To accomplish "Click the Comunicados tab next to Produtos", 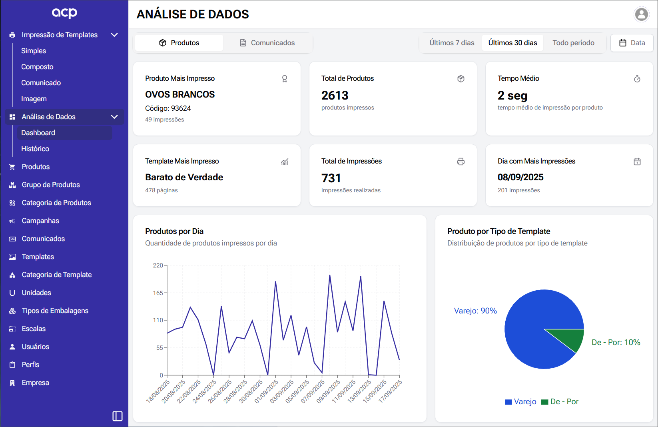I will (267, 43).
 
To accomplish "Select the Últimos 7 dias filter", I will (452, 43).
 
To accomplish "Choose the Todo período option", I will (573, 43).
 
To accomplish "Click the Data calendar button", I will (632, 43).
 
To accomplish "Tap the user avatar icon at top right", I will (641, 14).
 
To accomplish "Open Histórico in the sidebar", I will (35, 149).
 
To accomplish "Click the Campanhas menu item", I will (40, 221).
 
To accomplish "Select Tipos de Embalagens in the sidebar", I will (55, 311).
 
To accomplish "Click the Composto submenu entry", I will (37, 67).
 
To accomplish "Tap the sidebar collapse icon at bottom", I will (118, 416).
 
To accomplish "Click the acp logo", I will (64, 13).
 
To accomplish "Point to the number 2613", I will (335, 96).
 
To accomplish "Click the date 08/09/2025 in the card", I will (520, 177).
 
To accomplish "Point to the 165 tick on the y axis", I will (158, 293).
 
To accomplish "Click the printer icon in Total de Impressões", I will (461, 162).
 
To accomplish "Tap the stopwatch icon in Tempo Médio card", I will (637, 79).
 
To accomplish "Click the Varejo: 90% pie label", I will (475, 311).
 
